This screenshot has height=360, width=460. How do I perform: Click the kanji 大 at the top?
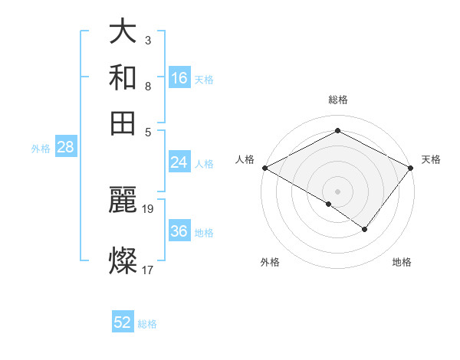point(123,32)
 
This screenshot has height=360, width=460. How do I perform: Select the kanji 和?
point(123,77)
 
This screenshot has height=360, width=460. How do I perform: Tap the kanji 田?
point(123,123)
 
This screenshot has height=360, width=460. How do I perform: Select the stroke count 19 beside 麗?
point(149,208)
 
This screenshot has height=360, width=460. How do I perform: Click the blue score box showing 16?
point(179,78)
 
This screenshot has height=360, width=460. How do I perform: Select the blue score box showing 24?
point(179,162)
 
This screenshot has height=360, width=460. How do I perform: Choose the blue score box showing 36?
point(179,231)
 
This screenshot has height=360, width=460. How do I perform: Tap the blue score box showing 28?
point(65,148)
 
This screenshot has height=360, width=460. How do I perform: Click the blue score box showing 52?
point(123,322)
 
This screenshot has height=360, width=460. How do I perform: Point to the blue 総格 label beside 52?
point(148,324)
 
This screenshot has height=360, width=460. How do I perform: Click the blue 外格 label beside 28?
point(41,149)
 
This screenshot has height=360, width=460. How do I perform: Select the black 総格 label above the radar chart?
point(337,100)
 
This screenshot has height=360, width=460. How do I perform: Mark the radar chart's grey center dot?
point(337,191)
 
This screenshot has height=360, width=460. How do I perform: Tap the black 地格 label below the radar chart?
point(402,263)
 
